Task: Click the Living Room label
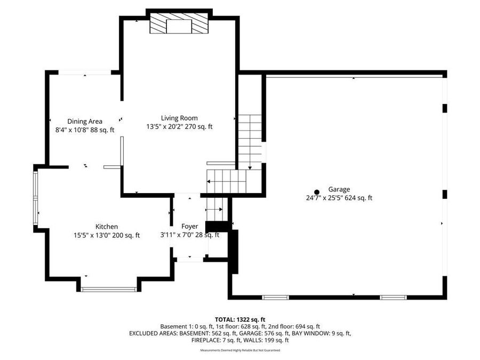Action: point(179,118)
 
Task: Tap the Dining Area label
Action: point(84,121)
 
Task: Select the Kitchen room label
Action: point(107,227)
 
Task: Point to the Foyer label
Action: point(189,227)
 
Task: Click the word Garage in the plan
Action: point(339,189)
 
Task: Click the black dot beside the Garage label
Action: point(317,192)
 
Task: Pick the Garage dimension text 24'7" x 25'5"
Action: point(321,198)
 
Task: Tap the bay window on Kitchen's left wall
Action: point(36,198)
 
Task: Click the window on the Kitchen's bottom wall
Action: point(109,290)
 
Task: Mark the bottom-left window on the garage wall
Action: point(275,297)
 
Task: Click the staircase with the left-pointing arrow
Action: point(227,181)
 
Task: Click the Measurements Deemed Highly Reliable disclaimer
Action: point(239,350)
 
